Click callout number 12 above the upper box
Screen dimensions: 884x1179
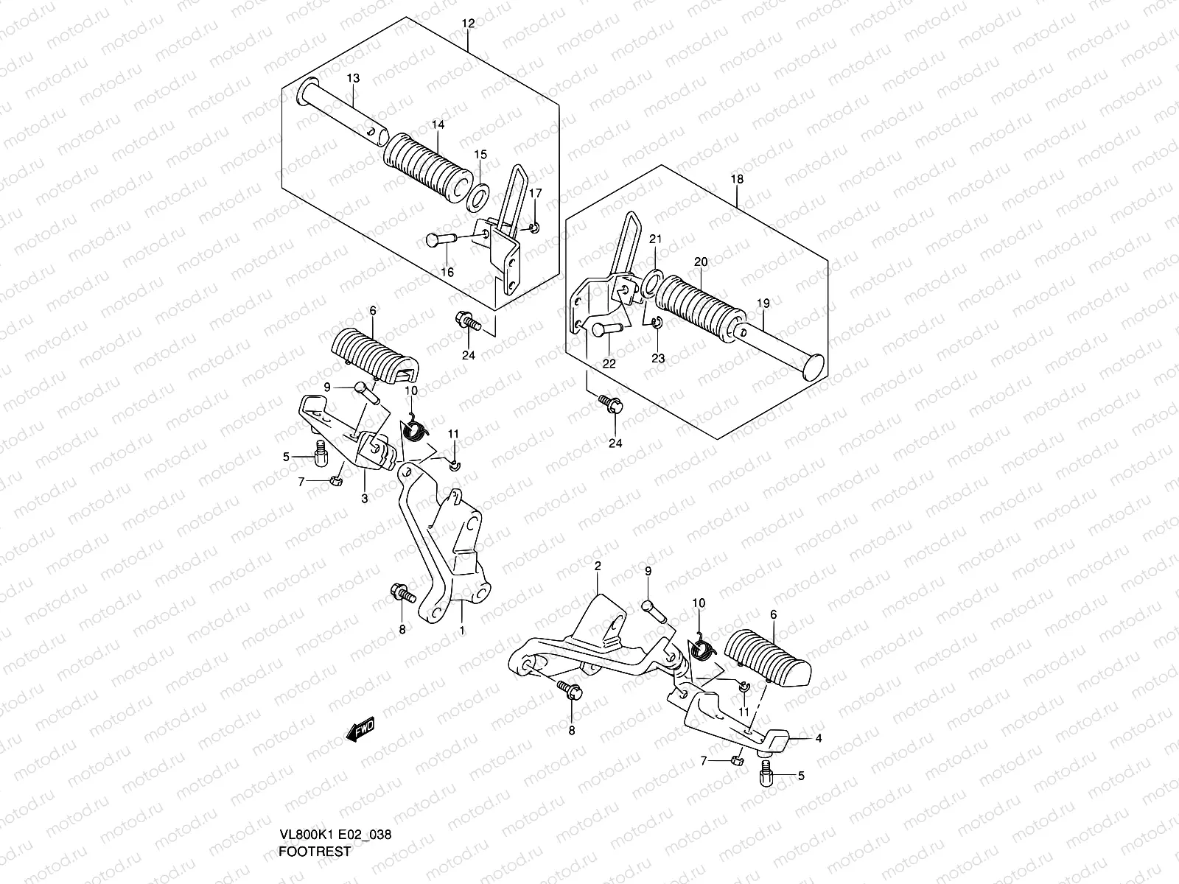click(x=469, y=24)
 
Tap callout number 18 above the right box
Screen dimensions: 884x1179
click(x=738, y=179)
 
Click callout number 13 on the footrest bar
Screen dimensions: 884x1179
click(x=352, y=78)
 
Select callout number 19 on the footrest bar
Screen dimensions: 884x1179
click(x=763, y=303)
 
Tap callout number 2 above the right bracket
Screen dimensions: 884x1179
click(x=598, y=566)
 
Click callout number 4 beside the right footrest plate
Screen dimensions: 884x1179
click(x=818, y=737)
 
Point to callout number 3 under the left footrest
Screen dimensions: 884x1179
click(x=365, y=499)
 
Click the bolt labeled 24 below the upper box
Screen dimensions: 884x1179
click(x=467, y=321)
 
